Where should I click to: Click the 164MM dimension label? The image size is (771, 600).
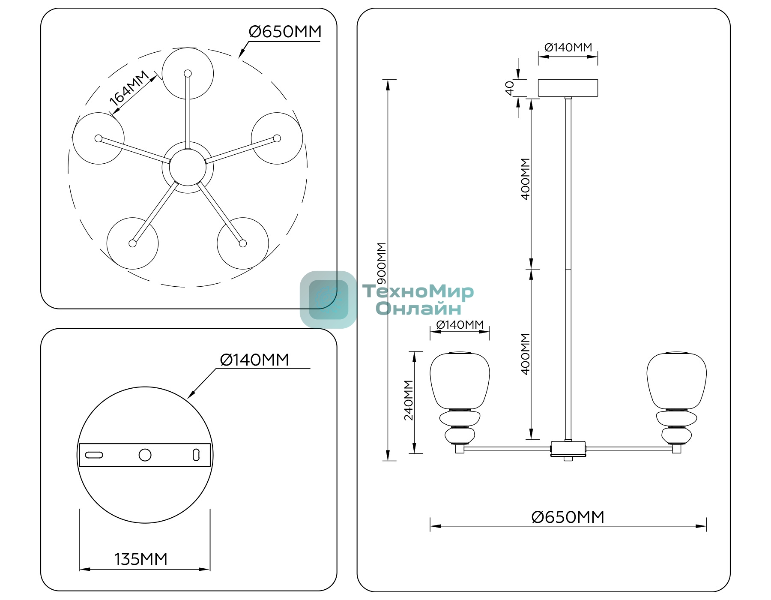pos(129,88)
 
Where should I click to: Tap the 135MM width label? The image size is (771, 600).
pos(140,559)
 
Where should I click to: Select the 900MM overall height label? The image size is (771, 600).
pos(381,263)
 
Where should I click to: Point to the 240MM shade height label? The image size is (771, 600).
pos(409,400)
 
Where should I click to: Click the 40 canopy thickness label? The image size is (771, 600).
pos(509,88)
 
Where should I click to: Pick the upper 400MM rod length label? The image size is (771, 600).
pos(525,179)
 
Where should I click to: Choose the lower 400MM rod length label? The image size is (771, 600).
pos(525,354)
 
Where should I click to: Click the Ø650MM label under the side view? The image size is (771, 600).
pos(568,517)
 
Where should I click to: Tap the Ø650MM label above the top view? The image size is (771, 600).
pos(285,32)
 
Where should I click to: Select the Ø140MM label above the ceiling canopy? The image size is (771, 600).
pos(568,47)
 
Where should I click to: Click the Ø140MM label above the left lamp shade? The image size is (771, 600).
pos(460,324)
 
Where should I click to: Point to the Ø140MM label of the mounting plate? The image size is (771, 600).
pos(254,360)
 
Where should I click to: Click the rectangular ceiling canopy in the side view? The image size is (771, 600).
pos(568,88)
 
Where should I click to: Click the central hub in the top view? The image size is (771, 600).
pos(188,167)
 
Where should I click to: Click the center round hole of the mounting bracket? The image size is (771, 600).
pos(145,455)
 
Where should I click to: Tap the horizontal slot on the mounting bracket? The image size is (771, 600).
pos(94,455)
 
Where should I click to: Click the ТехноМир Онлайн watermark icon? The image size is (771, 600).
pos(328,300)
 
